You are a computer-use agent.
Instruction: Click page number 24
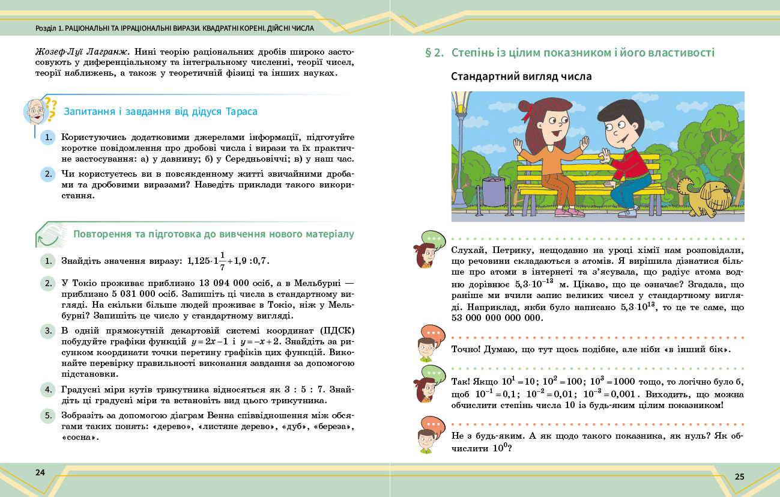[x=40, y=472]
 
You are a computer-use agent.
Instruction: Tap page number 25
[x=739, y=477]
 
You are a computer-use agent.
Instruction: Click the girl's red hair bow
[x=528, y=109]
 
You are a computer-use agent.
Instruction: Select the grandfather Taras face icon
[x=37, y=111]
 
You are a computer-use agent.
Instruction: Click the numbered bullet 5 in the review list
[x=47, y=415]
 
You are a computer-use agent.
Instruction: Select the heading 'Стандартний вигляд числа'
[x=521, y=77]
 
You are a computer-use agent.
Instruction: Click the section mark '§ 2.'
[x=434, y=53]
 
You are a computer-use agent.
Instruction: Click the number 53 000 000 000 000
[x=496, y=319]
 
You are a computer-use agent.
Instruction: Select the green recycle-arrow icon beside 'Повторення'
[x=50, y=235]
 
